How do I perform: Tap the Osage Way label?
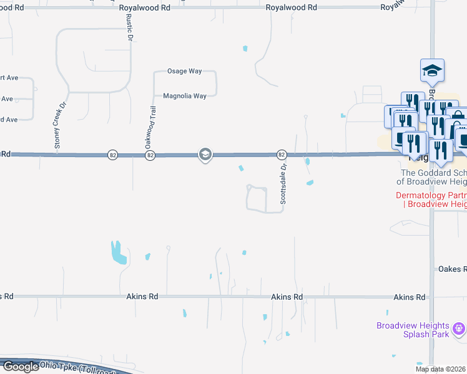coord(184,71)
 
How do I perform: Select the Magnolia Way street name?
coord(185,96)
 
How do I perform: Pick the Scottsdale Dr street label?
coord(283,184)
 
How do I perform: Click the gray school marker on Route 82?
coord(205,154)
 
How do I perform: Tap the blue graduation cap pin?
coord(432,70)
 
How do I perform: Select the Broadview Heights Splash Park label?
coord(413,330)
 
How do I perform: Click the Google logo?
coord(21,367)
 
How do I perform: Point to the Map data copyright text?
coord(441,370)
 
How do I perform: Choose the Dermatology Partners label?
coord(431,199)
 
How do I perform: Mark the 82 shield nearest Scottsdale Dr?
coord(282,154)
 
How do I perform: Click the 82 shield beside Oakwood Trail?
coord(150,155)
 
